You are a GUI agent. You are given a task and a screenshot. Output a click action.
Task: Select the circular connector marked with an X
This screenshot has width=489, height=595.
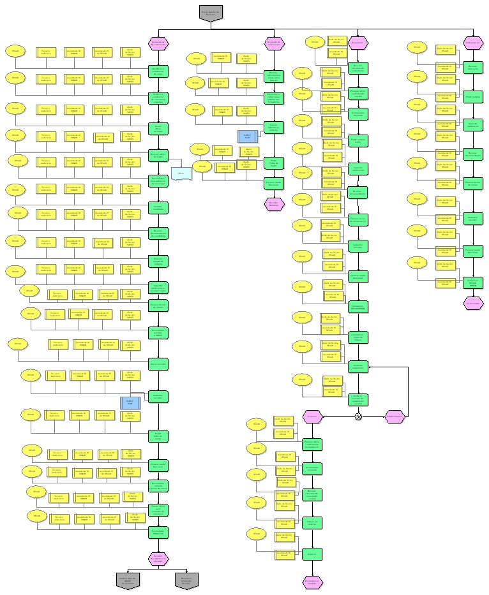pos(359,416)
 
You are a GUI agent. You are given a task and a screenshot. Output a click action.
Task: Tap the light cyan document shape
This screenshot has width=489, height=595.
pos(181,173)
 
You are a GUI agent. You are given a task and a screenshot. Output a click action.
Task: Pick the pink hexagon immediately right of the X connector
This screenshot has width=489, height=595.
pos(395,416)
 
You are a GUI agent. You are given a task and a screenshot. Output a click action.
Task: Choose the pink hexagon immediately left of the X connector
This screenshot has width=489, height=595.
pos(312,416)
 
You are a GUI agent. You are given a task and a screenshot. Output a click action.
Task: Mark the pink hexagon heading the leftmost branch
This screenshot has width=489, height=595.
pos(158,43)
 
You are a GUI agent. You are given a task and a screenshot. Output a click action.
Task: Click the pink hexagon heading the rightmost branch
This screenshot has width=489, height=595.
pos(473,43)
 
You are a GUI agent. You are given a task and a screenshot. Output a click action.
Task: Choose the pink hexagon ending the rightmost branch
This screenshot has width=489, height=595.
pos(473,304)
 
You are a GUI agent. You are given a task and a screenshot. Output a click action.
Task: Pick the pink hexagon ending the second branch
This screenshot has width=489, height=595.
pos(274,203)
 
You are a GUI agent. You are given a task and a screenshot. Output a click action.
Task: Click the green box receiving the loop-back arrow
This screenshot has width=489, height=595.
pos(358,366)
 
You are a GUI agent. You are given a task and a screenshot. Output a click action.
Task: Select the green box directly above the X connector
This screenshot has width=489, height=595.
pos(358,399)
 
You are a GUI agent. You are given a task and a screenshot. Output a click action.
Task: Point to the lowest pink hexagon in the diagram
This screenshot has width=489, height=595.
pos(312,581)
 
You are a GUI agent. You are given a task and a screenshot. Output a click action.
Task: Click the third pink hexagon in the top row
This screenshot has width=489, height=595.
pos(358,43)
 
